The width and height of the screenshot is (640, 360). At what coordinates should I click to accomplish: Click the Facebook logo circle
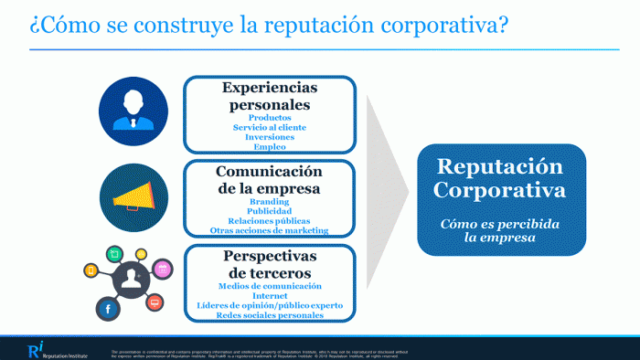click(x=109, y=311)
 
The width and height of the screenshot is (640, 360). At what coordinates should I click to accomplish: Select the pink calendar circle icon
click(x=164, y=269)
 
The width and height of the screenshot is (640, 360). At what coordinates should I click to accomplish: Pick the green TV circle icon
click(x=116, y=252)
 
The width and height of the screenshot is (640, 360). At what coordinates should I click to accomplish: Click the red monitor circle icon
click(x=155, y=302)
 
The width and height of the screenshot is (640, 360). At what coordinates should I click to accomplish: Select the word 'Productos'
click(x=270, y=118)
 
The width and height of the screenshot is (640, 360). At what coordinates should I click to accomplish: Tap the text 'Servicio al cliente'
click(x=270, y=128)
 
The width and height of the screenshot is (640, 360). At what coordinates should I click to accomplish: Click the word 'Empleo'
click(x=270, y=146)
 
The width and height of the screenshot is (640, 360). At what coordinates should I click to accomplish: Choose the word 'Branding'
click(x=270, y=202)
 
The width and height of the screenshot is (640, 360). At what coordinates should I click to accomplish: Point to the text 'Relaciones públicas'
click(x=270, y=221)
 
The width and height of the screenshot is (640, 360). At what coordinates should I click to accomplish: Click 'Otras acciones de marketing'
click(x=270, y=230)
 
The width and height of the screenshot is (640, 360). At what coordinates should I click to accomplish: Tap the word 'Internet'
click(x=270, y=295)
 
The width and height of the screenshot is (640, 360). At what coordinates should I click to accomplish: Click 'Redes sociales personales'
click(x=270, y=314)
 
